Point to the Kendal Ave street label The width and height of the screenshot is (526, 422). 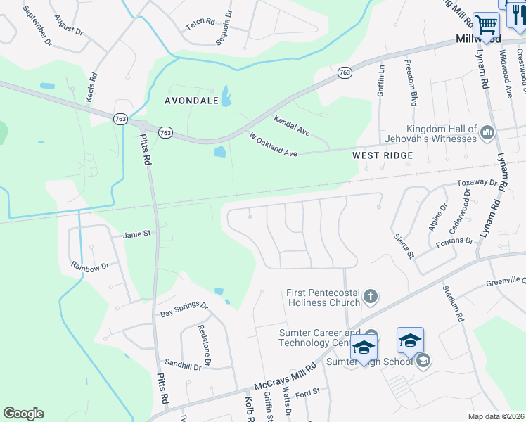[292, 126]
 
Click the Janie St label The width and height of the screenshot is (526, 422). [137, 234]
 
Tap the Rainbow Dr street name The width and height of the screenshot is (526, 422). [91, 267]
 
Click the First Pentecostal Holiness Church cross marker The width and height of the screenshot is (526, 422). [371, 297]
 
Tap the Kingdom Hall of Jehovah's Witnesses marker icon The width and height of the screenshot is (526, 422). [487, 132]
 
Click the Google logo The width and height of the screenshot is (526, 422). [23, 414]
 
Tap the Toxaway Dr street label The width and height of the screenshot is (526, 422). [477, 183]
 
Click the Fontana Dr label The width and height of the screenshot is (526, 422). [454, 241]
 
